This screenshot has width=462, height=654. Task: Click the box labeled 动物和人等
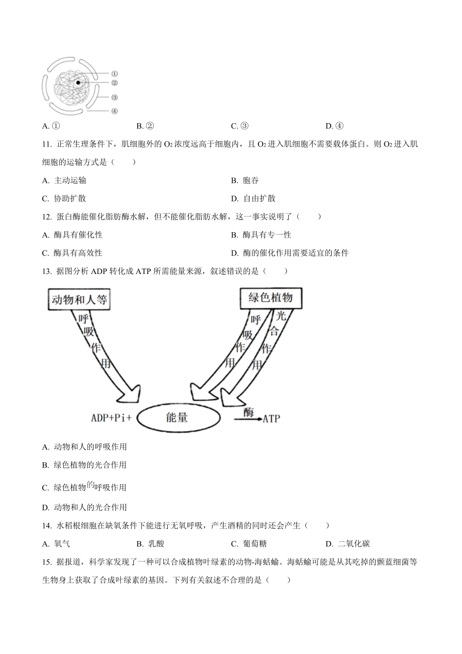(79, 299)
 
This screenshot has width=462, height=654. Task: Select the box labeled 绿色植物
(270, 297)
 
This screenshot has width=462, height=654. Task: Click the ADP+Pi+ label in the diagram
(111, 418)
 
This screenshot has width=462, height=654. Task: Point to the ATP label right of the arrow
(271, 418)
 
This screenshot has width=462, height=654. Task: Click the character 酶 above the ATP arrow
(249, 412)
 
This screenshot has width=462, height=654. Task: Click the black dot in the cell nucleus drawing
(78, 83)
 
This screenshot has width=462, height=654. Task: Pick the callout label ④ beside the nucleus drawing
(114, 111)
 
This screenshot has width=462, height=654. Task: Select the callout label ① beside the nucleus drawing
(114, 74)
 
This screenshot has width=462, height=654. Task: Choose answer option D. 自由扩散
(253, 199)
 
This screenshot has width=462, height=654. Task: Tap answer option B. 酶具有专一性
(261, 235)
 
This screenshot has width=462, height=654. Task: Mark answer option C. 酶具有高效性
(72, 253)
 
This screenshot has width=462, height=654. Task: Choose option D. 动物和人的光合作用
(85, 508)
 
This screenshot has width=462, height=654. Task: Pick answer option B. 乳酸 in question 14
(151, 544)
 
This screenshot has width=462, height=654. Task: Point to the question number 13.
(47, 272)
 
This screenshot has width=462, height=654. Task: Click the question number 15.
(47, 562)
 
